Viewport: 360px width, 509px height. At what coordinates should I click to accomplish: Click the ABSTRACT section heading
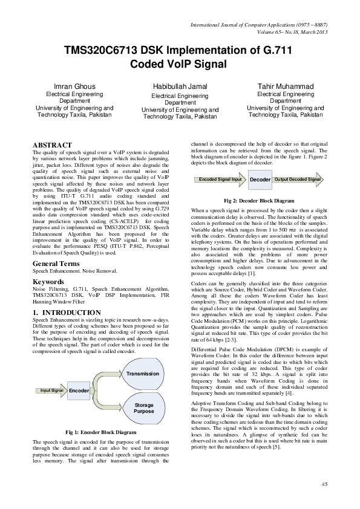pyautogui.click(x=52, y=146)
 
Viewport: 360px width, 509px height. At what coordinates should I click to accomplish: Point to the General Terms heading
pyautogui.click(x=58, y=264)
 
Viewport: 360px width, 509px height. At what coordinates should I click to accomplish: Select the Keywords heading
pyautogui.click(x=48, y=282)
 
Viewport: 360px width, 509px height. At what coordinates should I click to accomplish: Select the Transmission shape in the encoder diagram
pyautogui.click(x=139, y=358)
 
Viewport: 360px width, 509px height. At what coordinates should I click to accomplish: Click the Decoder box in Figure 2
pyautogui.click(x=260, y=180)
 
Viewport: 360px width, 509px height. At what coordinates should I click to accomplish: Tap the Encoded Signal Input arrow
pyautogui.click(x=220, y=180)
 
